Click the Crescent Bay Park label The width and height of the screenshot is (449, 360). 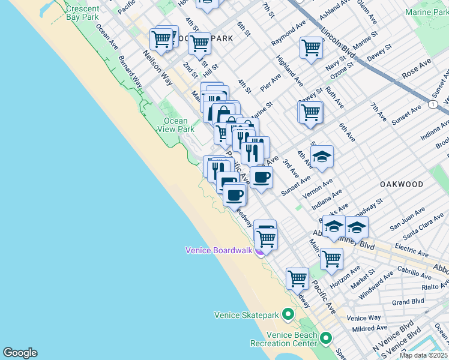tap(82, 13)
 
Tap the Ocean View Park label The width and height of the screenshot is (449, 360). tap(179, 125)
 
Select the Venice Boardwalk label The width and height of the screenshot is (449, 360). tap(218, 250)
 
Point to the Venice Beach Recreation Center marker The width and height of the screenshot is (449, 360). tap(326, 338)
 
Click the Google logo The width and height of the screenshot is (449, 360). tap(20, 353)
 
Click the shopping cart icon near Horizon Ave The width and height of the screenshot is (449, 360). tap(331, 259)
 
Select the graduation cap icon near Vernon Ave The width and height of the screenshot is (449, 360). tap(322, 157)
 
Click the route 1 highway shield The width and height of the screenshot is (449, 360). tap(433, 104)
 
